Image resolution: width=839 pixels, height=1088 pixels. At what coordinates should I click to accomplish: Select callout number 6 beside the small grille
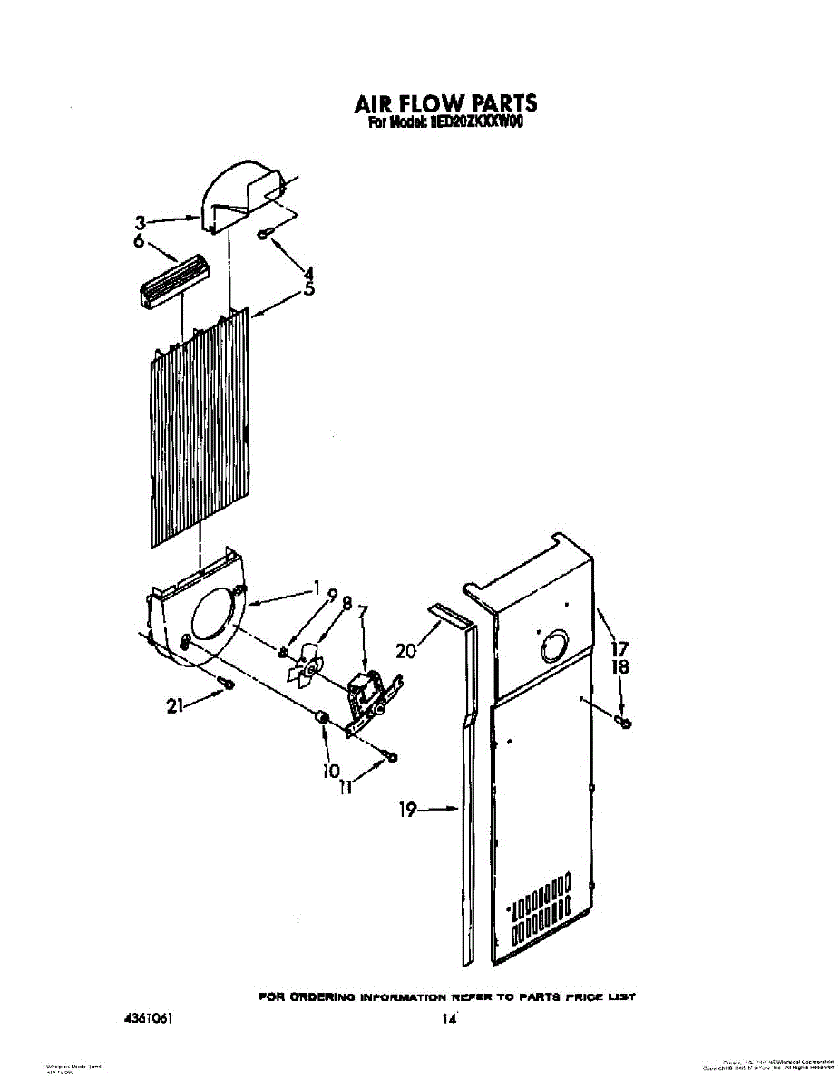[138, 241]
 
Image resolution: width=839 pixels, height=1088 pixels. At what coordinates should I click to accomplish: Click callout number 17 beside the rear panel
[619, 649]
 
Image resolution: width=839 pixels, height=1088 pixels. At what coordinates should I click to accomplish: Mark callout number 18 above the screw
[619, 667]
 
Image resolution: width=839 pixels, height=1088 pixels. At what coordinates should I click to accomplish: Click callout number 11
[345, 788]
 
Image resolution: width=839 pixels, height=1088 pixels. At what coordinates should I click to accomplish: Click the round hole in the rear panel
[551, 648]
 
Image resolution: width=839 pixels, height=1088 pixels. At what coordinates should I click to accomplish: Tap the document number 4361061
[147, 1018]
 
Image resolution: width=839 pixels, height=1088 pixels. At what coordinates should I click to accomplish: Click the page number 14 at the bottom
[447, 1019]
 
